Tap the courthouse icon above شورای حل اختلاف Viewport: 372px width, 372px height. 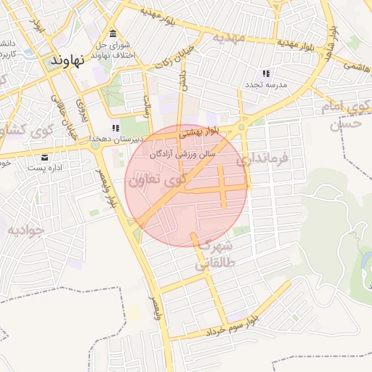pos(113,34)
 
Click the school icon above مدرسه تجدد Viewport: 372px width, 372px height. pos(266,73)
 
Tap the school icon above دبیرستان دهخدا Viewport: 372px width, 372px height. pos(116,128)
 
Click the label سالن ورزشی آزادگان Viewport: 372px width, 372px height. pos(183,154)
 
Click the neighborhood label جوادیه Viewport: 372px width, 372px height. pos(26,230)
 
